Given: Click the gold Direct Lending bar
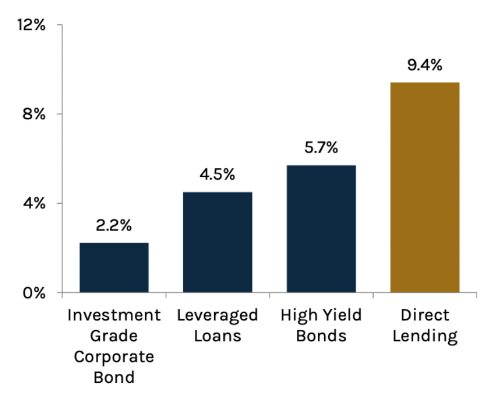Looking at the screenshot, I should click(424, 187).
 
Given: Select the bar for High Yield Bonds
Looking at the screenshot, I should click(321, 229).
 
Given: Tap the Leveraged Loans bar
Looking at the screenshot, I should click(217, 242).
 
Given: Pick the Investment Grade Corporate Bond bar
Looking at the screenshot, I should click(114, 267).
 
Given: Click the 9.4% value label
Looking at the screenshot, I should click(424, 65).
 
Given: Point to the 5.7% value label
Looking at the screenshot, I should click(321, 148).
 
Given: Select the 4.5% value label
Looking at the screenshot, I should click(217, 175).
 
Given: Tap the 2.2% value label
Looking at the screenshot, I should click(114, 226).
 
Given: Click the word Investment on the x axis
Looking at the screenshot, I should click(114, 315).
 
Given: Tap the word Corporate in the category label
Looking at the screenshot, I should click(114, 356).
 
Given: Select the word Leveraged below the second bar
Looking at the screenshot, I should click(217, 315).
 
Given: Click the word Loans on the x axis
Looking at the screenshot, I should click(217, 336).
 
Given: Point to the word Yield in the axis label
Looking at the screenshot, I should click(340, 315).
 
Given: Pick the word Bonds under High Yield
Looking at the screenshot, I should click(321, 336).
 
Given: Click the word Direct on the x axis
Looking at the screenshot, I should click(424, 315).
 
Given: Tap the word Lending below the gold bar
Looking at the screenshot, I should click(424, 336).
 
